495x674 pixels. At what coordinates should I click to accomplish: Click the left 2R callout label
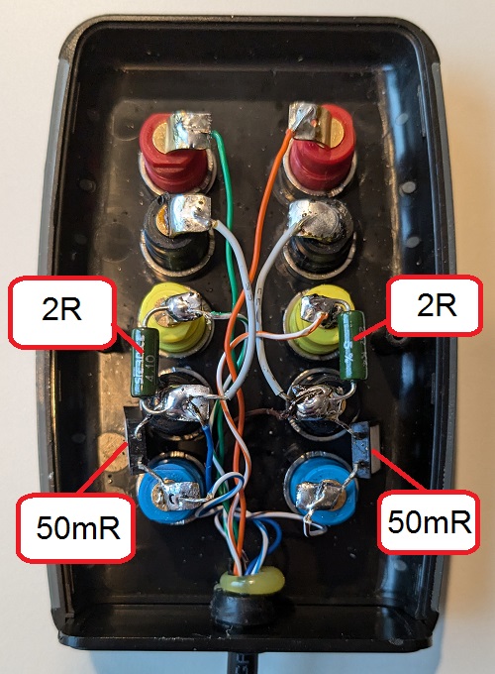coord(61,312)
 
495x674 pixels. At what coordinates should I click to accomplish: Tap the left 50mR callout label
coord(76,527)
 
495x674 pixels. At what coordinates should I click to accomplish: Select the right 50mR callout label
coord(429,521)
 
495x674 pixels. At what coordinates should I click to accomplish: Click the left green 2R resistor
coord(146,362)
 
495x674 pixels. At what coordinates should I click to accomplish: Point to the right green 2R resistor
coord(352,345)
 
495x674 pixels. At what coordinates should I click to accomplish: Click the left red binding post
coord(177,153)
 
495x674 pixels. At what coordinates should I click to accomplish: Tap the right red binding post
coord(321,149)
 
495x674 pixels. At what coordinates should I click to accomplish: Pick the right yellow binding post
coord(320,320)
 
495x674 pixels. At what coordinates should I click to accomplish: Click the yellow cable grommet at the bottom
coord(252,581)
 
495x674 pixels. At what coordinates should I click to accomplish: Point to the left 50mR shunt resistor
coord(136,440)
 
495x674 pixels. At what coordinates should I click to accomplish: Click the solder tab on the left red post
coord(189,130)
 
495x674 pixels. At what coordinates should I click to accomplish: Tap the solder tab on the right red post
coord(307,121)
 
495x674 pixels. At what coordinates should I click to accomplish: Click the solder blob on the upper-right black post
coord(318,218)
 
